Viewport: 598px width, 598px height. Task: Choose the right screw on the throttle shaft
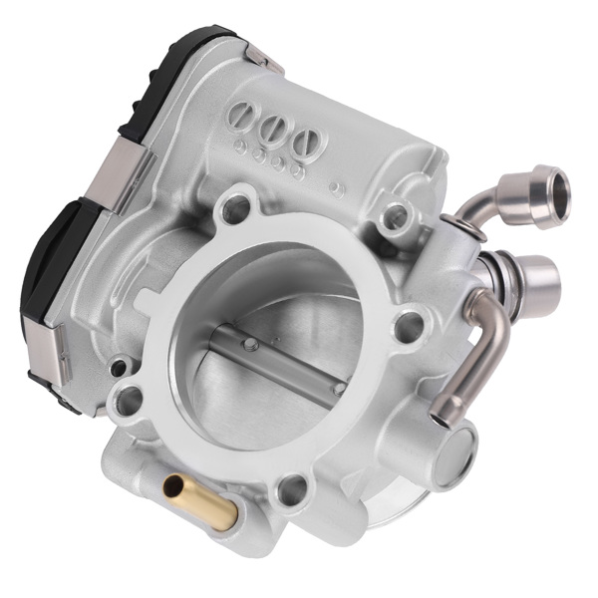click(x=339, y=386)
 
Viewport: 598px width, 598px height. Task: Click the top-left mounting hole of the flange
click(x=234, y=207)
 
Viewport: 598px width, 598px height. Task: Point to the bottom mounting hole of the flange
click(x=291, y=488)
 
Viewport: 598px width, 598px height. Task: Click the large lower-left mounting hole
click(x=129, y=404)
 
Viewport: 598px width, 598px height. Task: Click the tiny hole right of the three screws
click(x=337, y=187)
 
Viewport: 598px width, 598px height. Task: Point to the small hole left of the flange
click(x=120, y=368)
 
